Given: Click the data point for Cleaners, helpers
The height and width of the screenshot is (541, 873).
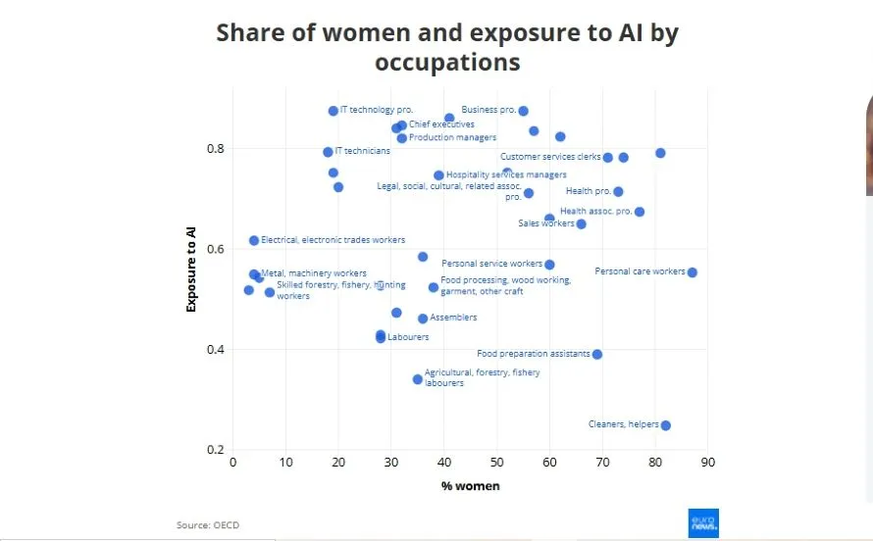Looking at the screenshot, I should tap(666, 425).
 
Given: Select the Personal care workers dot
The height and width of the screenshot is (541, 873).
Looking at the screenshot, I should tap(693, 272).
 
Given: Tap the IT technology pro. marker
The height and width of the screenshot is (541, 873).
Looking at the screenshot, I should tap(334, 111).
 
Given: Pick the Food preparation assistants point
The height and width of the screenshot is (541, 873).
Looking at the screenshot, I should tap(597, 355).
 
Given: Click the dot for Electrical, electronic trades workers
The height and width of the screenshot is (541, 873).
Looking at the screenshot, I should tap(254, 240).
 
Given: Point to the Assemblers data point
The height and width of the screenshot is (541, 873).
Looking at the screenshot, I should tap(423, 319).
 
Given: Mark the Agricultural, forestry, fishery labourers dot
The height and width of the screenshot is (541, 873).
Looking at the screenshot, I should tap(418, 379).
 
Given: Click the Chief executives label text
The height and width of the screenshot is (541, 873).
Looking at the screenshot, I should tap(441, 124).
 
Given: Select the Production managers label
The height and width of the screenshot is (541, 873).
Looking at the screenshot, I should tap(452, 137).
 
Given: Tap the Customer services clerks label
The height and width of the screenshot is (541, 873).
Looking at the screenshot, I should tap(549, 157).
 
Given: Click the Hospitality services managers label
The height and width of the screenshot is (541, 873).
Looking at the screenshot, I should tap(506, 175).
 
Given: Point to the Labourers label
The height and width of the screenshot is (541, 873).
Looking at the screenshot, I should tap(408, 337).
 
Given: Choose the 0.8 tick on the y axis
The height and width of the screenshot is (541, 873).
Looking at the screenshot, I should tap(214, 149).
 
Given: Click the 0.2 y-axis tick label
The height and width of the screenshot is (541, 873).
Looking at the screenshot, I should tap(214, 450).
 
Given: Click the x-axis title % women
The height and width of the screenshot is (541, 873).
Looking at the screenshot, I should tap(470, 486).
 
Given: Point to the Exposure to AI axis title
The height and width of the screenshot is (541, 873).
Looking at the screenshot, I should tap(192, 269).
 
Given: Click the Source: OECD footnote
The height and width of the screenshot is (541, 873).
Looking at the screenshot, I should tap(208, 525).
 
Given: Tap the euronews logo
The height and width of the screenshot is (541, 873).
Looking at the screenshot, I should tap(703, 522).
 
